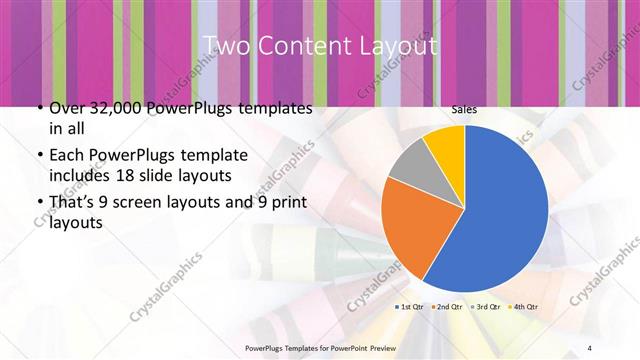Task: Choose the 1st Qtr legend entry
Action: [411, 306]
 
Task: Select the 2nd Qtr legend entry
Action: [446, 306]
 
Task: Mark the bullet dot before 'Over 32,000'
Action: [38, 108]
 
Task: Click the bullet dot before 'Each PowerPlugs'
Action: [38, 155]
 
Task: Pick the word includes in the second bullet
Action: [80, 174]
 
